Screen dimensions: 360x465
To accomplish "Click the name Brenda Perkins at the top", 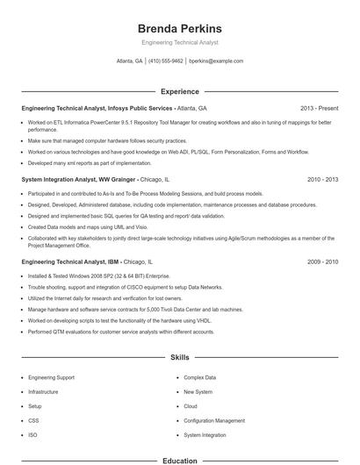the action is (180, 28).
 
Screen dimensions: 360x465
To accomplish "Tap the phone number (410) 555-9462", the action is (166, 61).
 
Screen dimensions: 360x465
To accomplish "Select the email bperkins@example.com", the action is (216, 61).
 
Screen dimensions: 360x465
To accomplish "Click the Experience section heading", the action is (180, 91).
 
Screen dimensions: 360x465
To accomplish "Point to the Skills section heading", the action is (180, 358).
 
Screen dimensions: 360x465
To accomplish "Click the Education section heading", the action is (180, 460).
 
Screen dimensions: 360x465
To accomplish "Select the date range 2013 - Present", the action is (319, 108).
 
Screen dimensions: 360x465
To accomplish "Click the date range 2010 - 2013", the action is (322, 179).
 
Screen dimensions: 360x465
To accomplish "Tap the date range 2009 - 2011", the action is (322, 261).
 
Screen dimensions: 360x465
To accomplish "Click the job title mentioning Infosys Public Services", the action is (114, 108).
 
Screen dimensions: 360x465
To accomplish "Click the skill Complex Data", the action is (199, 377).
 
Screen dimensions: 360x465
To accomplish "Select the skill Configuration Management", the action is (214, 420).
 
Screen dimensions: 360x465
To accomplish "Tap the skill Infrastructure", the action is (45, 391).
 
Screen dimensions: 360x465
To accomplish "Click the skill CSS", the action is (33, 420).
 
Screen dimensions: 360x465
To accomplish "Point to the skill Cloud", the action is (191, 406).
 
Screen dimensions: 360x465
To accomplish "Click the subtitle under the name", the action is (180, 42).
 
